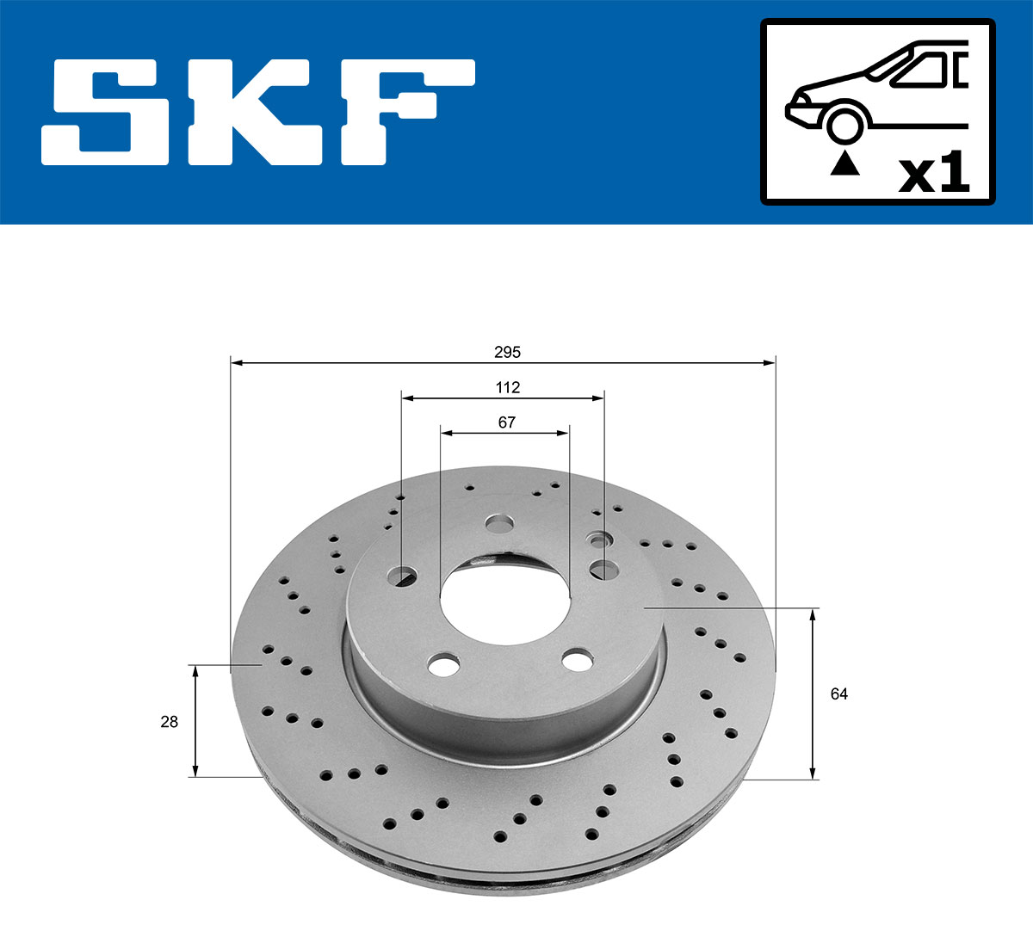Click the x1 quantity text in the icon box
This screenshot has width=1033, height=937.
[x=934, y=174]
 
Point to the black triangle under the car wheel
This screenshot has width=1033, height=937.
[x=844, y=163]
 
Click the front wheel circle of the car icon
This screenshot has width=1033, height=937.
[x=844, y=123]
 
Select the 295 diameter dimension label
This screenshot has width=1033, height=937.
[x=507, y=352]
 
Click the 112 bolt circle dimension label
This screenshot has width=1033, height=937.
[x=507, y=387]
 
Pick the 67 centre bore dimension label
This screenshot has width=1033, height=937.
[x=507, y=422]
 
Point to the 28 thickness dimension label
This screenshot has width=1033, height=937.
[x=169, y=722]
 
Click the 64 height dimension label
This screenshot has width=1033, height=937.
[x=838, y=694]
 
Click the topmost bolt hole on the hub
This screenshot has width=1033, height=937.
[x=498, y=523]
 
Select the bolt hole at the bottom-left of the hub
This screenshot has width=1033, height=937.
[x=443, y=664]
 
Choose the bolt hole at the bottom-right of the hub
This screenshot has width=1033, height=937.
[x=577, y=660]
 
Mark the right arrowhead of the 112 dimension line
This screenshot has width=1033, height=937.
[x=598, y=398]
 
